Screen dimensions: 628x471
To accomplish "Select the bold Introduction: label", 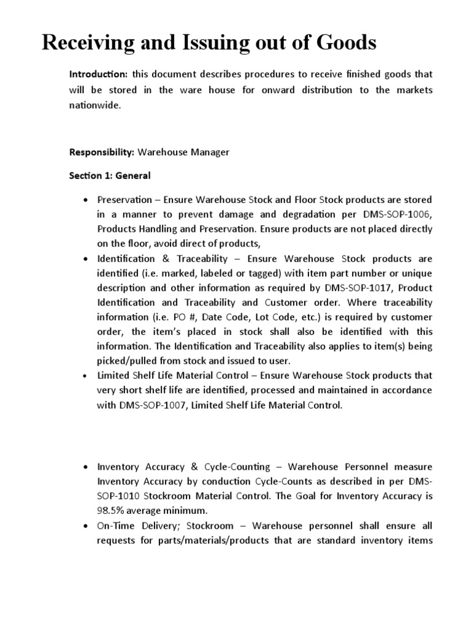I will [x=98, y=74].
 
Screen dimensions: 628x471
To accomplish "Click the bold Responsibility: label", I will [x=101, y=152].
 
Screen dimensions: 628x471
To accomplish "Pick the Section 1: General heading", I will [x=110, y=175].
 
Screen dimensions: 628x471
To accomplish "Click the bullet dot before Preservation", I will [x=85, y=200].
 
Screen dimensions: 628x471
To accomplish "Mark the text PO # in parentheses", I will [x=191, y=317].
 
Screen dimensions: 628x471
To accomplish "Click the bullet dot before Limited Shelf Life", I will [x=85, y=375].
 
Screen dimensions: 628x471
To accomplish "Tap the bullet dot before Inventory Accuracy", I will [x=85, y=467].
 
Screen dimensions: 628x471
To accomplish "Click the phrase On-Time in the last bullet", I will [x=117, y=526].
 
